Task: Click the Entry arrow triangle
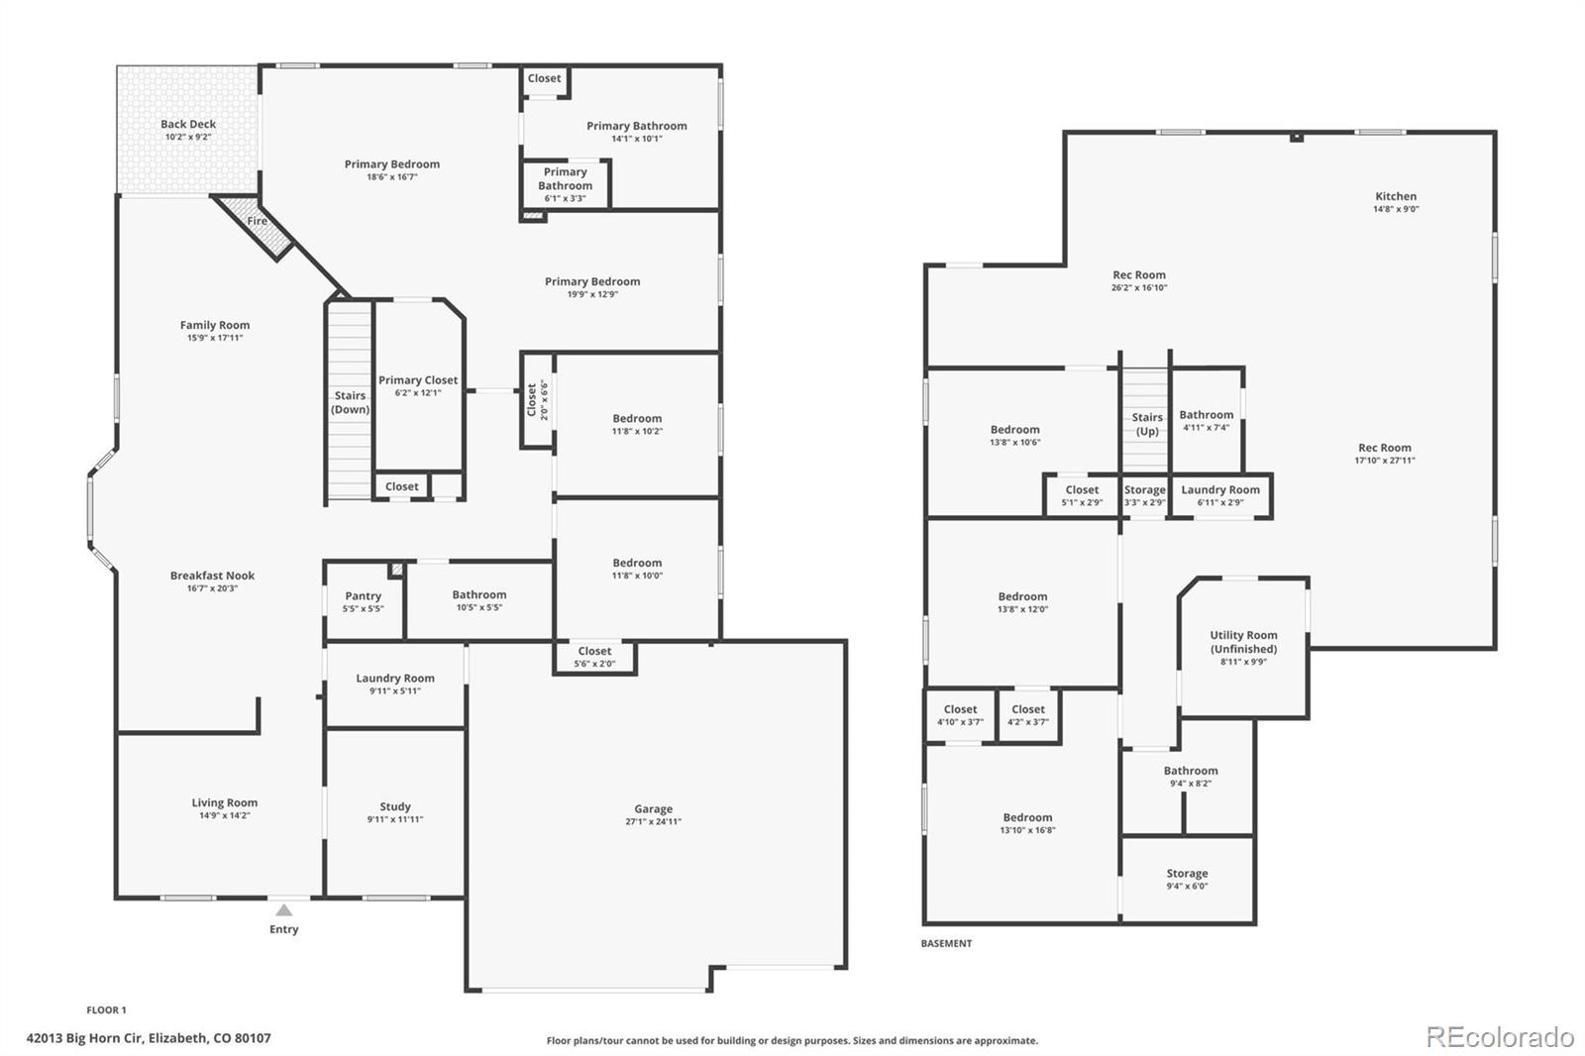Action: click(283, 909)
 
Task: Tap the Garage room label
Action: click(653, 809)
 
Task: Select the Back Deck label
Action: click(188, 124)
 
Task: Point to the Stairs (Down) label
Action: click(351, 402)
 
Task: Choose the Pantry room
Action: click(364, 601)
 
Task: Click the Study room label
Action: click(395, 807)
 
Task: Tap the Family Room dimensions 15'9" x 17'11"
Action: click(214, 338)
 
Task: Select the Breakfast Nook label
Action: click(212, 576)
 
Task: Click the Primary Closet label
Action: click(418, 380)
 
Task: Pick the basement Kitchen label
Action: click(1396, 196)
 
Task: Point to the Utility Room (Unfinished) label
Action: click(1243, 642)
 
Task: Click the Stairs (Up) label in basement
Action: click(1147, 424)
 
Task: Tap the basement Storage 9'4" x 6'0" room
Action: click(1188, 879)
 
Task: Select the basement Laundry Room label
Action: click(1220, 489)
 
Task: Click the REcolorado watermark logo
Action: click(1500, 1037)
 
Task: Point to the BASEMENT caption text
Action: click(946, 943)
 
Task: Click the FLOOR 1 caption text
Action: click(106, 1010)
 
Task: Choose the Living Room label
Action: click(224, 802)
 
